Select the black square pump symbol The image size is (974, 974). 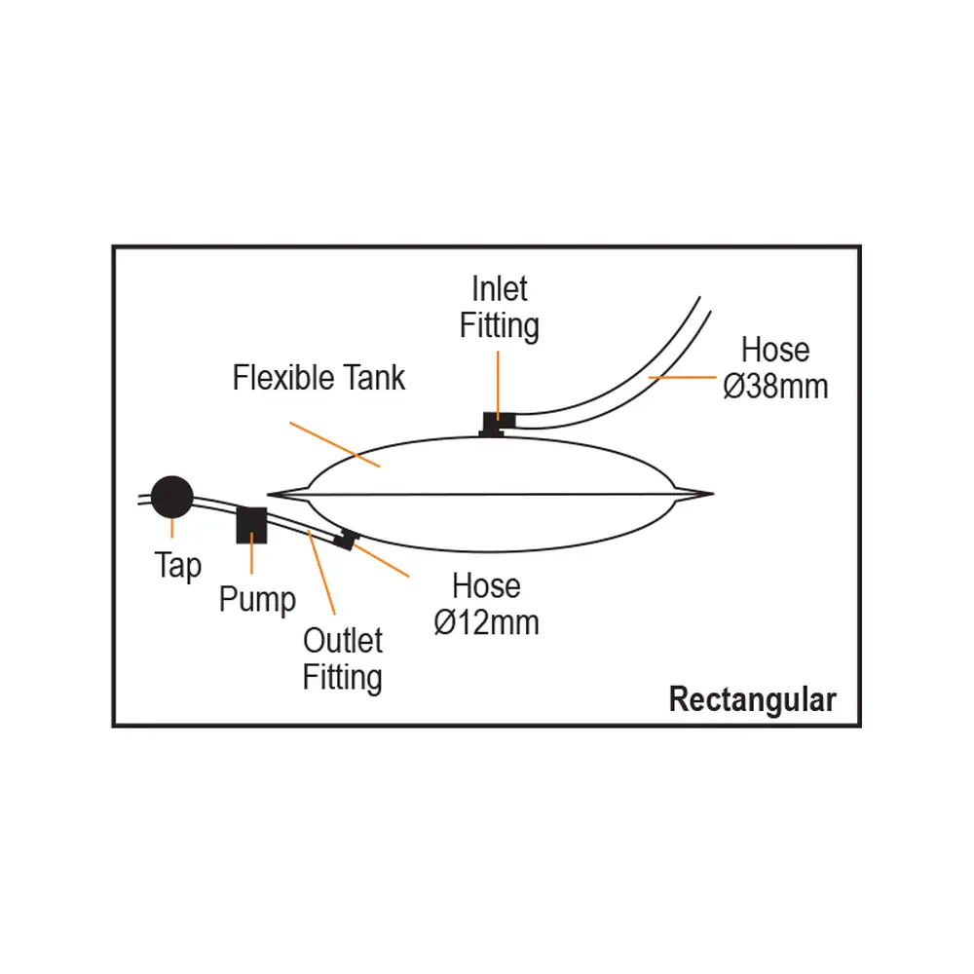click(252, 525)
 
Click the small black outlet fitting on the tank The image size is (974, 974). click(343, 540)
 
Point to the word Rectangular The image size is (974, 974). click(752, 699)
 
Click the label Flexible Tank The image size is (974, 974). click(318, 378)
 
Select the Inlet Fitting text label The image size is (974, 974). click(500, 308)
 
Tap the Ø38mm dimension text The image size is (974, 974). click(775, 387)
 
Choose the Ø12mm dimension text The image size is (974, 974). click(486, 622)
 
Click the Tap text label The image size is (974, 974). click(177, 566)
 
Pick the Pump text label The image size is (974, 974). click(256, 598)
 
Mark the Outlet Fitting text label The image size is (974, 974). click(343, 659)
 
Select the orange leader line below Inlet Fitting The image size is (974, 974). click(499, 384)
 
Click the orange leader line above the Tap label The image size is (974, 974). click(173, 529)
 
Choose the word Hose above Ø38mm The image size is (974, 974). click(775, 350)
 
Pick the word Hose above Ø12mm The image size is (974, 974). click(486, 586)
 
